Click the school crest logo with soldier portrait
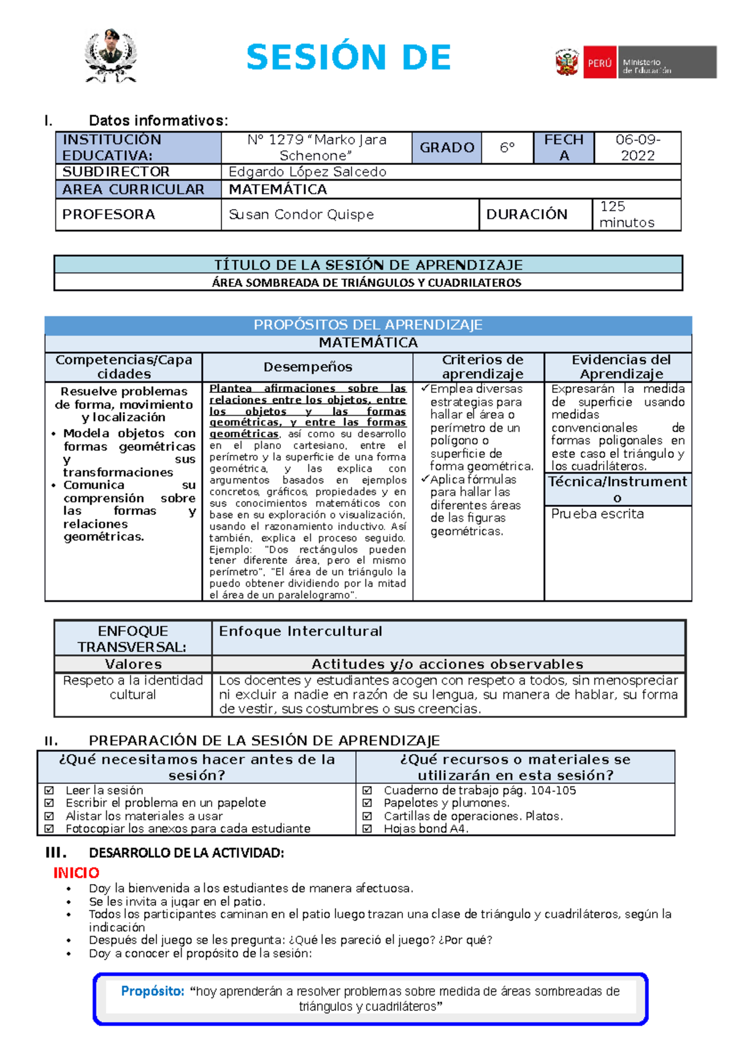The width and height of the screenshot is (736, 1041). tap(110, 56)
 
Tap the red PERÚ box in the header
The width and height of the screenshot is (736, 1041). tap(599, 63)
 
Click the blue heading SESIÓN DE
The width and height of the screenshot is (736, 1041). tap(348, 58)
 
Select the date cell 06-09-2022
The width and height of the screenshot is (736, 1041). tap(637, 148)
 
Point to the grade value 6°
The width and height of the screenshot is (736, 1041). tap(507, 148)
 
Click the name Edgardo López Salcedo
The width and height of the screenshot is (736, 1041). tap(307, 172)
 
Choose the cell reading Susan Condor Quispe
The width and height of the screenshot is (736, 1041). tap(301, 215)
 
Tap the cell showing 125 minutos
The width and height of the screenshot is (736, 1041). tap(626, 215)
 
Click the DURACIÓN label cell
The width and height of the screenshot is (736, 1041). tap(527, 215)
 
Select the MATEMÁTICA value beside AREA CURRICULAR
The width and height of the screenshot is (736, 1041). tap(278, 189)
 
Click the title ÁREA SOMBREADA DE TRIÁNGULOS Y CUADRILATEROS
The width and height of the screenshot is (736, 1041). tap(367, 283)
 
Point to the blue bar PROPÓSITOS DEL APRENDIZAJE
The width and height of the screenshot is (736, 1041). tap(368, 325)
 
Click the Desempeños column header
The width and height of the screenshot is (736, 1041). tap(307, 367)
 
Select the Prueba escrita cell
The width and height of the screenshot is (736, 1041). tap(597, 514)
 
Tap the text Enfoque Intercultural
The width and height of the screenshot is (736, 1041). tap(301, 631)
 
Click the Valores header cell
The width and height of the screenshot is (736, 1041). tap(133, 664)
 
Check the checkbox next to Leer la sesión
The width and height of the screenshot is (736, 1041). tap(50, 791)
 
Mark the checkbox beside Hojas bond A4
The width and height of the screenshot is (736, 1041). tap(367, 829)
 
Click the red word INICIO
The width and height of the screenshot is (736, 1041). tap(76, 872)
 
